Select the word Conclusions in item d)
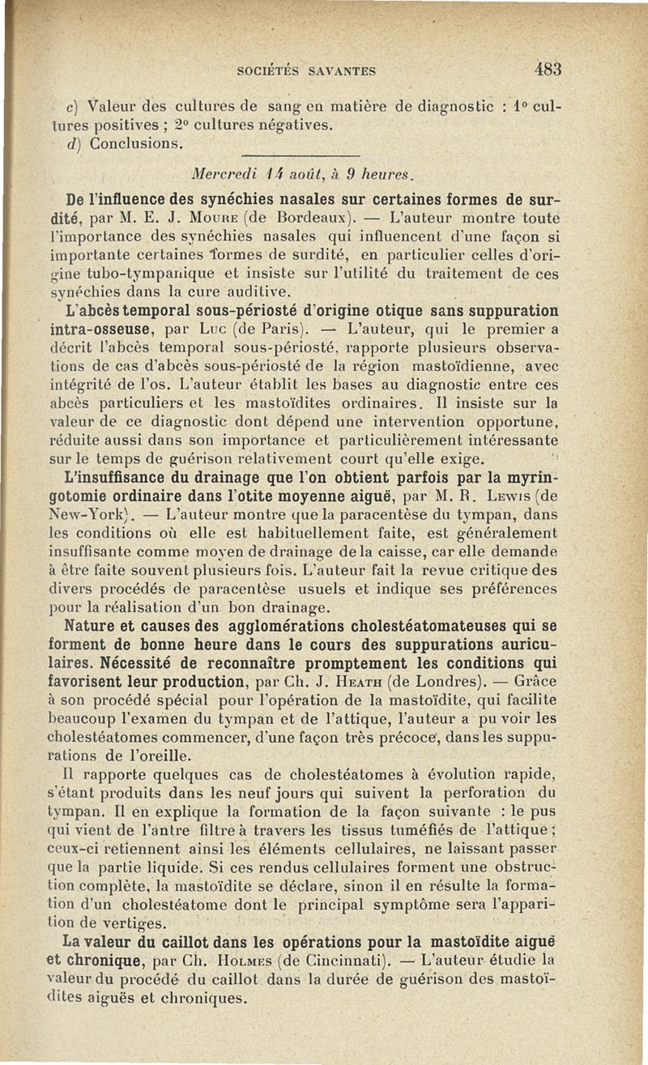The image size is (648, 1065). pyautogui.click(x=130, y=145)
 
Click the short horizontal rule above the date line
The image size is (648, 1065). pyautogui.click(x=300, y=156)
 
